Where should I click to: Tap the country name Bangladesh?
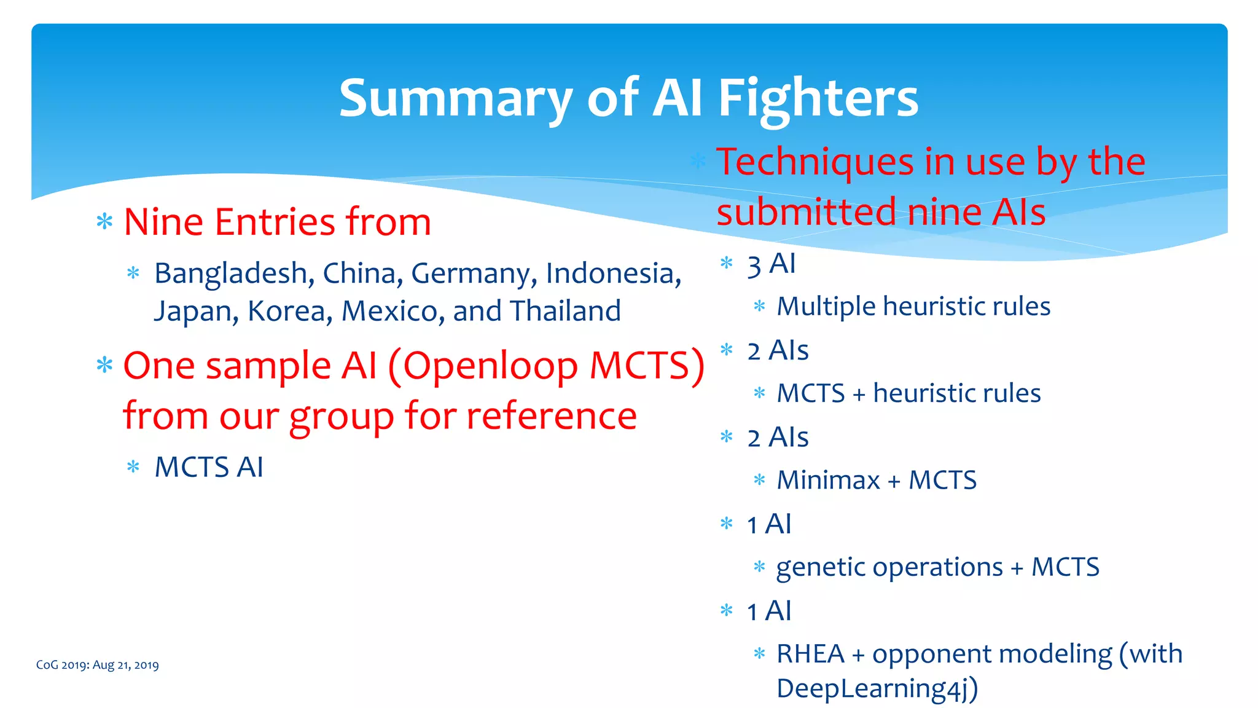230,273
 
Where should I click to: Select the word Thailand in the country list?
565,311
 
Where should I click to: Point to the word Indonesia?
613,273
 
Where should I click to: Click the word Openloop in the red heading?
490,366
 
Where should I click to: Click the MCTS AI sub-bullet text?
209,467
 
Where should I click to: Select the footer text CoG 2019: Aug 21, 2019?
97,665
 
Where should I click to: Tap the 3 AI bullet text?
771,265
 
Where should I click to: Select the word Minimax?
827,481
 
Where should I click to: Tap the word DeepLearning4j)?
877,689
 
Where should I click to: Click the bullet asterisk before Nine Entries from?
104,222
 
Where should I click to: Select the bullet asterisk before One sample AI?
104,366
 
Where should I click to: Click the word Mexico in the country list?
393,311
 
